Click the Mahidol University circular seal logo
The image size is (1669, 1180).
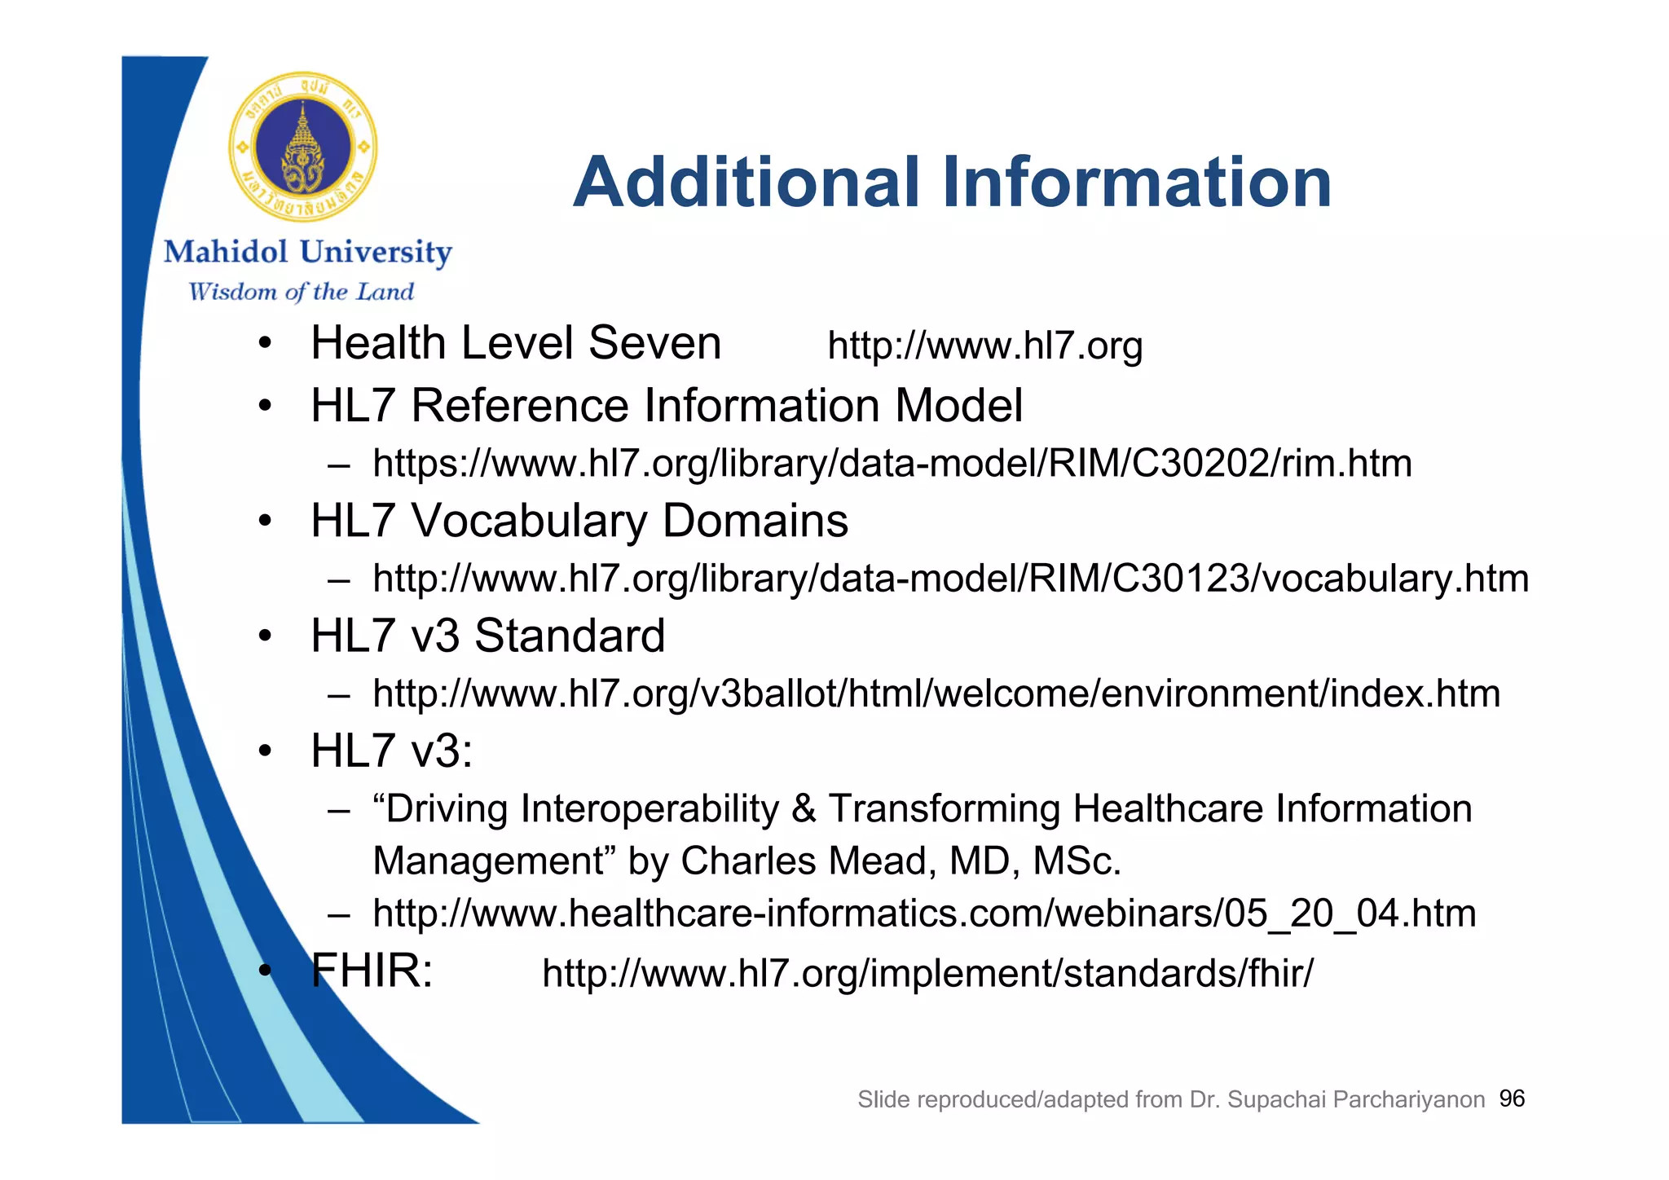tap(303, 147)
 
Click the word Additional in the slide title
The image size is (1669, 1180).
tap(746, 183)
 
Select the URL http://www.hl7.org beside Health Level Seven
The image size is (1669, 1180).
tap(984, 346)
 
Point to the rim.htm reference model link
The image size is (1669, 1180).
tap(892, 463)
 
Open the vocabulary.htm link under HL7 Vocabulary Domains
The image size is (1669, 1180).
tap(950, 579)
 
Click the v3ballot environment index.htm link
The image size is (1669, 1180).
tap(936, 693)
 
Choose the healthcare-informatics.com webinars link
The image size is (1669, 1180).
tap(924, 913)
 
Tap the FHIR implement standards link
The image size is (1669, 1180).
tap(927, 973)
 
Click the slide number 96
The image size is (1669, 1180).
tap(1512, 1099)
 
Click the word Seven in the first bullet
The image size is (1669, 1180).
tap(654, 342)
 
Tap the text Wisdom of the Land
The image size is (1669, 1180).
tap(301, 292)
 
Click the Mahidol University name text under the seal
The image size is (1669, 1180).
tap(307, 253)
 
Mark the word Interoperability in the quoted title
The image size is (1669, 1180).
tap(650, 808)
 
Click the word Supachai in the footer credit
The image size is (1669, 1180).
tap(1276, 1099)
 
